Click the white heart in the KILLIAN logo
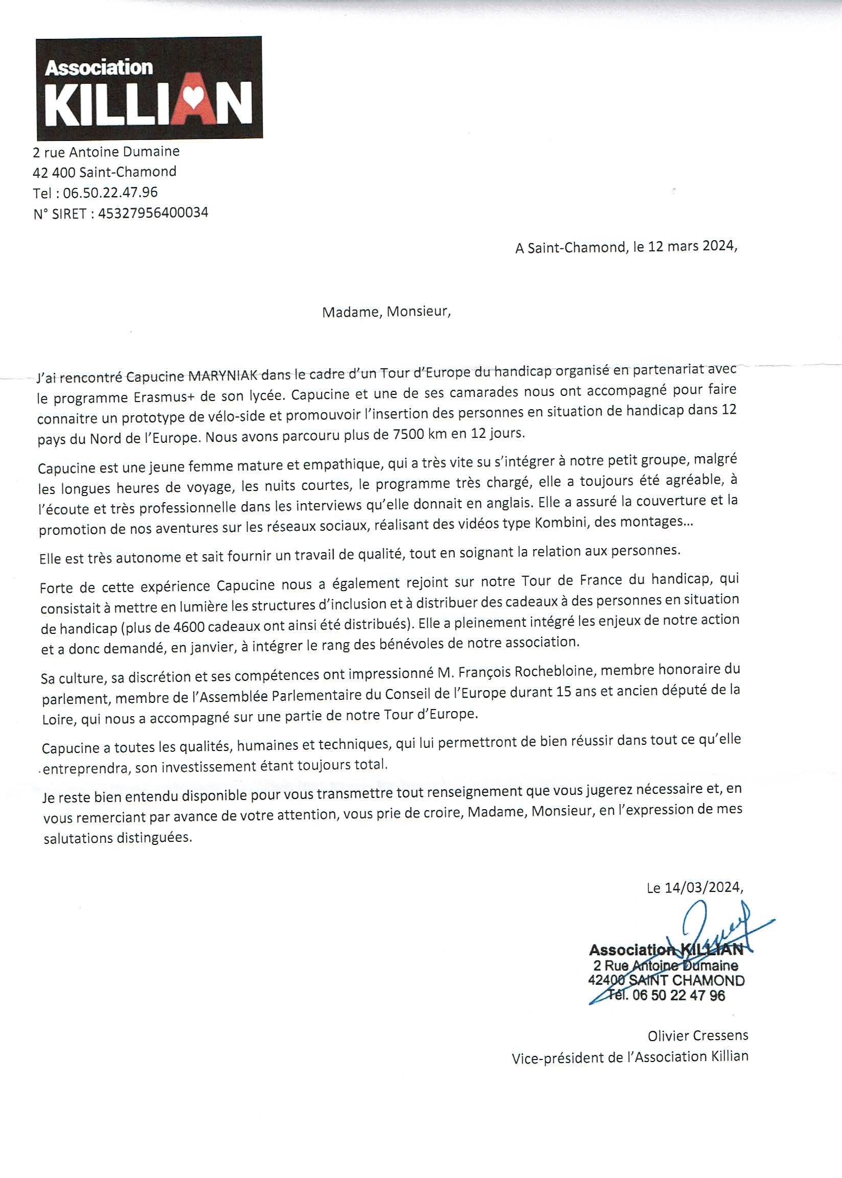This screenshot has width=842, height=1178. (x=192, y=97)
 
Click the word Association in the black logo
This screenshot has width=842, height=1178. (x=99, y=68)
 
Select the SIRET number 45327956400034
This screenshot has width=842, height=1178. (x=153, y=213)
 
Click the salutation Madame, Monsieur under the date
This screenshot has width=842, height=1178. (x=386, y=312)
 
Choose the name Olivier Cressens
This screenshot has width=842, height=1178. (x=697, y=1035)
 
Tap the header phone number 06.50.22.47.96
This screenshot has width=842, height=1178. (x=110, y=193)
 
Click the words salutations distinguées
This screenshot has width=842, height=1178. (x=118, y=838)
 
